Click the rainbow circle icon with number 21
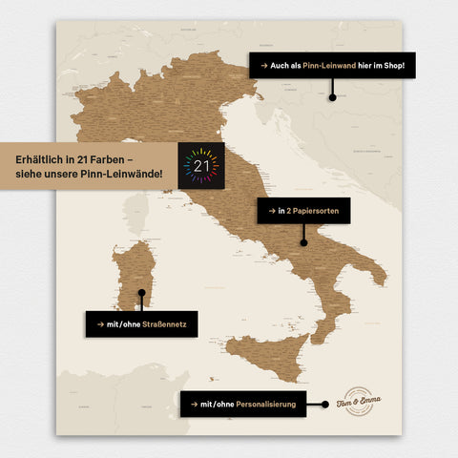click(x=200, y=165)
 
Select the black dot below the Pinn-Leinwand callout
click(x=332, y=96)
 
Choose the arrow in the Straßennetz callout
click(x=96, y=323)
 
